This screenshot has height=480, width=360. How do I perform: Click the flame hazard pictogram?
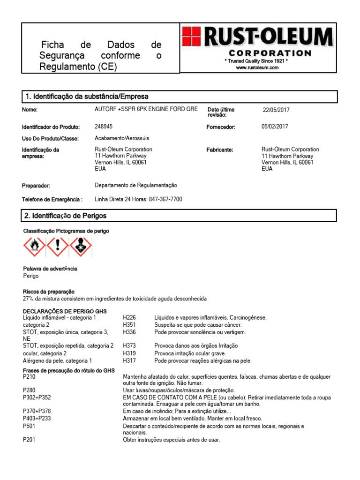34,247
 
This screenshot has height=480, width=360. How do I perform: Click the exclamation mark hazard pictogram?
58,247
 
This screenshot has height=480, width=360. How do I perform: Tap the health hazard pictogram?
81,247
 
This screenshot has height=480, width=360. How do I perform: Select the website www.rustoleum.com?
257,67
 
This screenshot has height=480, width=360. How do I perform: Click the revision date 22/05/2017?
276,110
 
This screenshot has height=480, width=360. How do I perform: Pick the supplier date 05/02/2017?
275,127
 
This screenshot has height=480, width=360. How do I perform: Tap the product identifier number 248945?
104,127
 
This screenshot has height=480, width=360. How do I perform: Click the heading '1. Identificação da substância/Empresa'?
87,97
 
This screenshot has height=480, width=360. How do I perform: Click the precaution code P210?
29,376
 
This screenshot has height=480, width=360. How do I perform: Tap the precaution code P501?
29,426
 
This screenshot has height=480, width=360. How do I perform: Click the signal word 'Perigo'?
31,276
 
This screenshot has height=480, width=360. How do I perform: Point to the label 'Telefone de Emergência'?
52,199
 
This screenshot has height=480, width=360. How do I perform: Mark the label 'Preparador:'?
36,186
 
